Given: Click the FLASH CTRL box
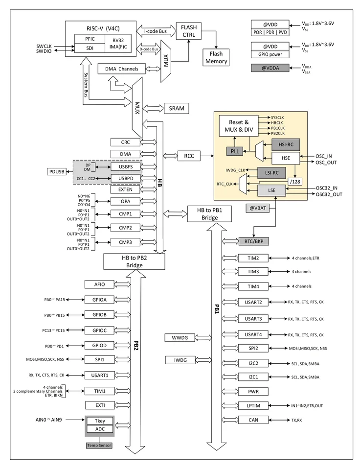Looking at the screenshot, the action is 189,31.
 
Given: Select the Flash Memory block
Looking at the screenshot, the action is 216,58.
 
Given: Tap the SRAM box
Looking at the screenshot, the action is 177,108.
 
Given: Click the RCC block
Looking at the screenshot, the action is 189,156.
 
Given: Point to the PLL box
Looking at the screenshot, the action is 235,151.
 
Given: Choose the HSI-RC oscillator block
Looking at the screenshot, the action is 286,144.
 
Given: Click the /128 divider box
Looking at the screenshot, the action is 295,182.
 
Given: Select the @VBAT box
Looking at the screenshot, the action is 258,208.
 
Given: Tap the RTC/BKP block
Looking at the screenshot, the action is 254,241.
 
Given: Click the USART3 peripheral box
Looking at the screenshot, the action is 253,319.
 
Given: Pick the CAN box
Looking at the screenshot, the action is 253,420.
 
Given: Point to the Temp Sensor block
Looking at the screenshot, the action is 99,446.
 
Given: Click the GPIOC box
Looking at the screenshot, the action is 99,330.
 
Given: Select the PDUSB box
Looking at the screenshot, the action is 57,172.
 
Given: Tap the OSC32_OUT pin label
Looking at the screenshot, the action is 329,194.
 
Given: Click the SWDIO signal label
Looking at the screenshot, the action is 44,51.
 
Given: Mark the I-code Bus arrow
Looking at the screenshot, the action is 156,31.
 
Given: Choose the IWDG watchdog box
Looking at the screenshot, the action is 180,360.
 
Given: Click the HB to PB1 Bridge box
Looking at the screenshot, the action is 210,214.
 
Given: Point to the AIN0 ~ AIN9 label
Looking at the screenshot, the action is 48,420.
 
